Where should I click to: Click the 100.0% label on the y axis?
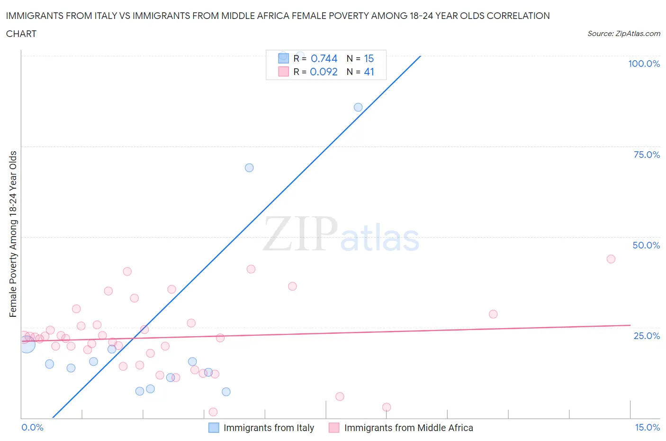[644, 64]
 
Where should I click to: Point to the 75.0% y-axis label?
[647, 155]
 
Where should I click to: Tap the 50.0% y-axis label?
[646, 245]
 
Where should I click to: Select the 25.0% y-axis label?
[647, 336]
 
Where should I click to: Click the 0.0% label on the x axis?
[32, 427]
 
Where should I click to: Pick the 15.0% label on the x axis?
[647, 427]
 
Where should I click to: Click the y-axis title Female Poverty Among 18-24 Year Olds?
[13, 234]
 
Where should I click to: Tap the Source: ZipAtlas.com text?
[623, 33]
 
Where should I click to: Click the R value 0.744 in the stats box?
[324, 58]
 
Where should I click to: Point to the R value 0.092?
[324, 72]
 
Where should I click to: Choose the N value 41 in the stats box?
[369, 72]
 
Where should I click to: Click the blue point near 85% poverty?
[358, 107]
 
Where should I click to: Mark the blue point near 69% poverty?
[249, 168]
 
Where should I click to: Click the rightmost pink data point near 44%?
[611, 259]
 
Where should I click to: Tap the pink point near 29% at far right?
[493, 314]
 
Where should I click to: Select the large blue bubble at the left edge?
[27, 344]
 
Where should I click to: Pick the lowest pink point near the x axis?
[213, 412]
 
